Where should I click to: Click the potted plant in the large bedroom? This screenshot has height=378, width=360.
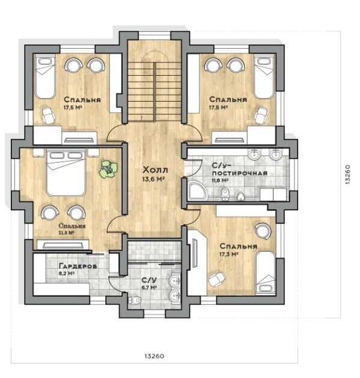point(108,169)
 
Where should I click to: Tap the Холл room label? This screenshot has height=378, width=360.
point(155,169)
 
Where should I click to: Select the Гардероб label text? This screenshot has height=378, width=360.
point(78,266)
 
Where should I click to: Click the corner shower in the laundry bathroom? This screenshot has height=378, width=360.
point(198,191)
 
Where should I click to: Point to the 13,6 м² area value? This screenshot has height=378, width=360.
point(153,179)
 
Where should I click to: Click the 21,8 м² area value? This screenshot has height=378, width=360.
point(66,233)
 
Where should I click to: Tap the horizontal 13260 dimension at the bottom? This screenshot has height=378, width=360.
point(154,356)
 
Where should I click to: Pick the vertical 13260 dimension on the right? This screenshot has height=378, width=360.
point(347,174)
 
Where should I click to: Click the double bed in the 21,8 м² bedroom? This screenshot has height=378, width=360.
point(66,172)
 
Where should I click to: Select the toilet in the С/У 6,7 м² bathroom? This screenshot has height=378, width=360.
point(134,300)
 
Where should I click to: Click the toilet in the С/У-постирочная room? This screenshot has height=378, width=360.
point(225,194)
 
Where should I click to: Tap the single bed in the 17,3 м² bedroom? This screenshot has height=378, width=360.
point(265,272)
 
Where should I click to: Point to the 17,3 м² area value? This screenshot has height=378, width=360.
point(229,254)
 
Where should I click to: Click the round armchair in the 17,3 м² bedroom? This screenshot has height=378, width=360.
point(263,231)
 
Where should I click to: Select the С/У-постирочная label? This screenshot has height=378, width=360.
point(240,169)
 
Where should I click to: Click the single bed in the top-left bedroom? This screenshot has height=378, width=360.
point(45,76)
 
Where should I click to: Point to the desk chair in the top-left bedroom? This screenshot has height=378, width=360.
point(49,115)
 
